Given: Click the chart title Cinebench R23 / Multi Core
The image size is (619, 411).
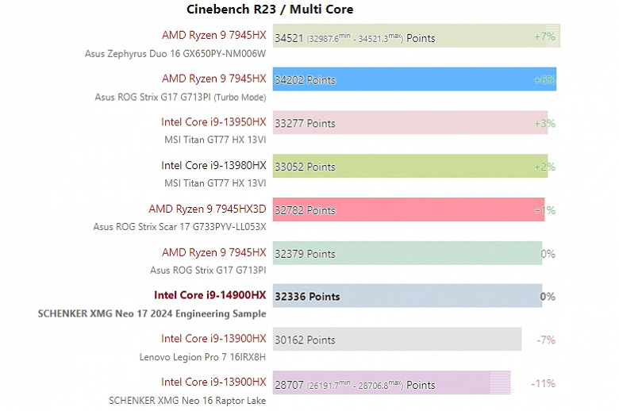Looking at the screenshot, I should [270, 10].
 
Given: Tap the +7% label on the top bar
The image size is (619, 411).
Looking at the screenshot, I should [544, 36].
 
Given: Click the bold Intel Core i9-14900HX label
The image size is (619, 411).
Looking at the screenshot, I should [210, 296].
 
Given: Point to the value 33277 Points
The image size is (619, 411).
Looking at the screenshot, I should [305, 123].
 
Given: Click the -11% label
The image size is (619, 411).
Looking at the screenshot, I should [543, 384].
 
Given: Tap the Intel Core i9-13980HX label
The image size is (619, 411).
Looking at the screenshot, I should [213, 166].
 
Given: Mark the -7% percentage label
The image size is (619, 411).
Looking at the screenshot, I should [545, 340].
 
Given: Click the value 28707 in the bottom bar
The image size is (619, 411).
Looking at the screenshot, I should [290, 385].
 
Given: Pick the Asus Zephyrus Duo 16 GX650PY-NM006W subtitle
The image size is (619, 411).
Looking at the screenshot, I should [175, 54].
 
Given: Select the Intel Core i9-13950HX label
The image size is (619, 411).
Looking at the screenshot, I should [213, 122].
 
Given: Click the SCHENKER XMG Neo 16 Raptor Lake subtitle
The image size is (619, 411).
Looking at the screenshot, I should [187, 400].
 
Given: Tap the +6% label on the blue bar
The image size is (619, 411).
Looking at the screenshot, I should [544, 80].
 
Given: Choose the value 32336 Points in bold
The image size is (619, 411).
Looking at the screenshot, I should [307, 297].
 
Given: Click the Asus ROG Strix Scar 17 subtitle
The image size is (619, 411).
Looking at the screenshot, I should [179, 226].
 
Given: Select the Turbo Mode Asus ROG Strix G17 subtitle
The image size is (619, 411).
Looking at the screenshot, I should [180, 97].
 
